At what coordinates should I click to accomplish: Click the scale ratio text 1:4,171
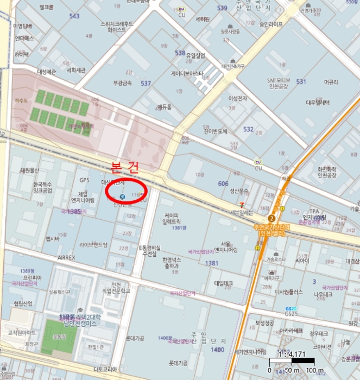click(x=292, y=354)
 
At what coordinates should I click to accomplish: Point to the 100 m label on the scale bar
click(x=315, y=371)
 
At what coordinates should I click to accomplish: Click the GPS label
click(x=84, y=180)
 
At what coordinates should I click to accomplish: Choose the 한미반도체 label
click(x=216, y=131)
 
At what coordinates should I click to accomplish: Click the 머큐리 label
click(x=331, y=81)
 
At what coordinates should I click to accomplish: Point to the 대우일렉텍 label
click(x=318, y=102)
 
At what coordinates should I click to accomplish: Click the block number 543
click(x=74, y=16)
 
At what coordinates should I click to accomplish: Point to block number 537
click(x=146, y=84)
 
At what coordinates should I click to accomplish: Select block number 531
click(x=301, y=81)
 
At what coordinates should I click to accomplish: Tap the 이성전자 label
click(x=238, y=98)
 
